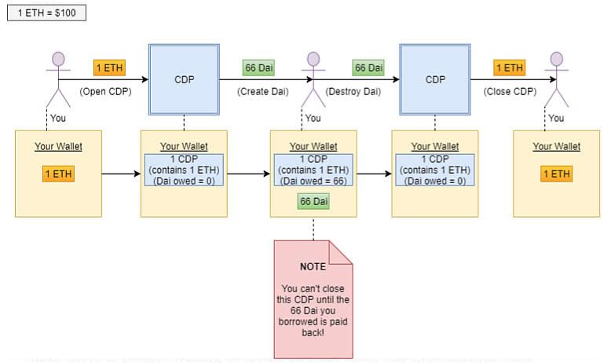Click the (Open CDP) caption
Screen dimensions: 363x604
point(105,91)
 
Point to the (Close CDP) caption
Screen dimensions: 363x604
point(510,91)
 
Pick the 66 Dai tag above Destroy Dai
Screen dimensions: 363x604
point(368,68)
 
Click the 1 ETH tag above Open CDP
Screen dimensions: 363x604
point(109,68)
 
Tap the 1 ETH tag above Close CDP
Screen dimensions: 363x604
point(509,68)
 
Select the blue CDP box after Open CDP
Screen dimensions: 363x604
point(183,79)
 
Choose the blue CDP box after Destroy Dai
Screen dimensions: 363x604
point(434,79)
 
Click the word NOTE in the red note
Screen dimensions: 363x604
point(313,267)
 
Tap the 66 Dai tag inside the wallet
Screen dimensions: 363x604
point(313,202)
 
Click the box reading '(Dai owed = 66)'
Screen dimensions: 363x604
point(313,170)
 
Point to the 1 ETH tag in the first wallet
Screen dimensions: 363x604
point(58,174)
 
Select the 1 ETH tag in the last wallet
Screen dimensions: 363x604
point(556,174)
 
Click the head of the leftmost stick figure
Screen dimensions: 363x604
point(57,59)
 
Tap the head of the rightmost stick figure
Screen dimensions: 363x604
point(556,59)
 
